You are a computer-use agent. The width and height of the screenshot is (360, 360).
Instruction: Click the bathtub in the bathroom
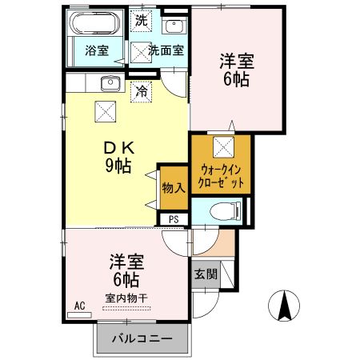pos(94,23)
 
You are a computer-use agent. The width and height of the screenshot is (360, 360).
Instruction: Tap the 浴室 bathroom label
pos(97,50)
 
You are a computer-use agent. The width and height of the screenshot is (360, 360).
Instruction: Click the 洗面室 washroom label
pos(166,50)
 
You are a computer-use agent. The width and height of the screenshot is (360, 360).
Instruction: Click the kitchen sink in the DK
pos(110,82)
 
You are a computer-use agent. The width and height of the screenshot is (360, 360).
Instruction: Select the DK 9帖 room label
pos(118,157)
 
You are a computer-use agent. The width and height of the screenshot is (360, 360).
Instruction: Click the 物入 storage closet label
pos(173,189)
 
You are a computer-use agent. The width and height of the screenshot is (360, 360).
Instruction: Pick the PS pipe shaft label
pos(174,219)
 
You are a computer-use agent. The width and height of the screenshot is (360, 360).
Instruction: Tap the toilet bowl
pos(226,211)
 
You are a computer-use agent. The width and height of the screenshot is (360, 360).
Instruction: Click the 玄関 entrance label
pos(204,274)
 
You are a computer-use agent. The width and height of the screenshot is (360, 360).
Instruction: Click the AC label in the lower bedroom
pos(79,305)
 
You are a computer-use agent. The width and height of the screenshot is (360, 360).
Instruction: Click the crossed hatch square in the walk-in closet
pos(222,146)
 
